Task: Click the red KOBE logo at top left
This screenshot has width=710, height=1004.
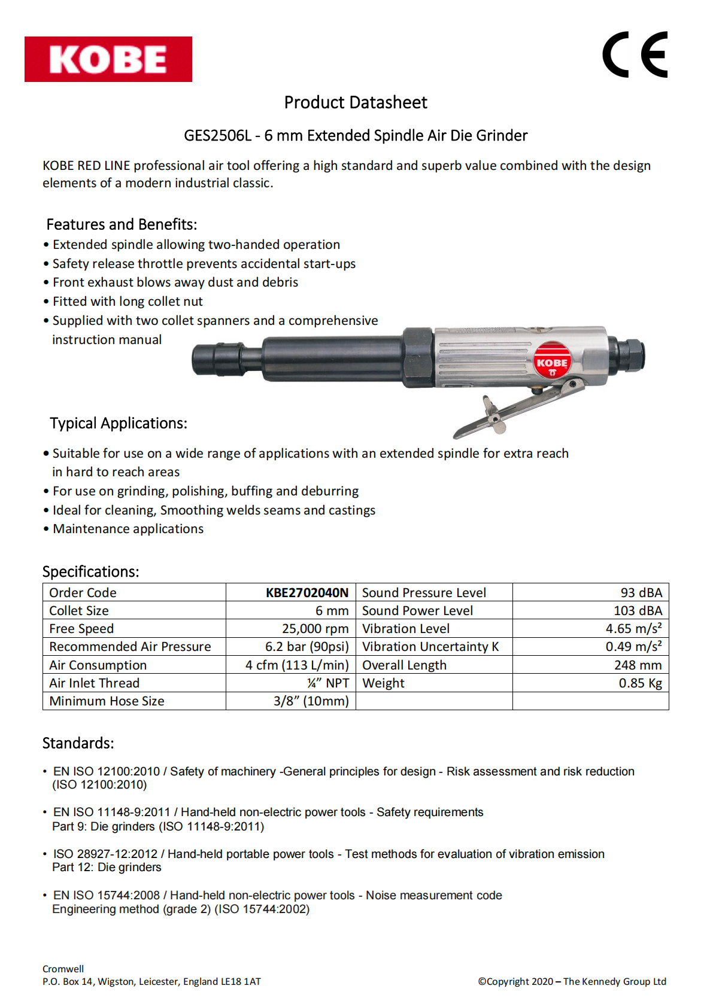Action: tap(108, 59)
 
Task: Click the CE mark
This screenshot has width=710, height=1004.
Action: tap(635, 54)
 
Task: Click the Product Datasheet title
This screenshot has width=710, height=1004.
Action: tap(356, 103)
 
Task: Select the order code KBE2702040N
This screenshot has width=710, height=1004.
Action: tap(307, 593)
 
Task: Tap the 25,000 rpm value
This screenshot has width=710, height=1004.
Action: tap(315, 629)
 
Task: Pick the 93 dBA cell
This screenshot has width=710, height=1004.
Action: tap(641, 593)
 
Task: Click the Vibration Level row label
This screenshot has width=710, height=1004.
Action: tap(406, 629)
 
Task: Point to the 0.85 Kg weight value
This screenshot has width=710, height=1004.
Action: tap(640, 683)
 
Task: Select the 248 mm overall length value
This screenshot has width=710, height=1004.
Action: tap(638, 665)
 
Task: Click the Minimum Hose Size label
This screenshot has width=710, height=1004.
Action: tap(107, 701)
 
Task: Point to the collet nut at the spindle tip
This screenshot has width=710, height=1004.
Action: tap(217, 360)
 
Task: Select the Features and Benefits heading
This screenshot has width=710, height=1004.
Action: tap(122, 224)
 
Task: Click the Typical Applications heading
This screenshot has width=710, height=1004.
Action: tap(119, 424)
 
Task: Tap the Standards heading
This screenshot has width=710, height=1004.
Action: tap(78, 743)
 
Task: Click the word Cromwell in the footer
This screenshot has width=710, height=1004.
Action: tap(63, 969)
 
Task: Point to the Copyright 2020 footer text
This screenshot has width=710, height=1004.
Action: tap(572, 981)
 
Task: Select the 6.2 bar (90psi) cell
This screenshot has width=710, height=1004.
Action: tap(307, 647)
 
